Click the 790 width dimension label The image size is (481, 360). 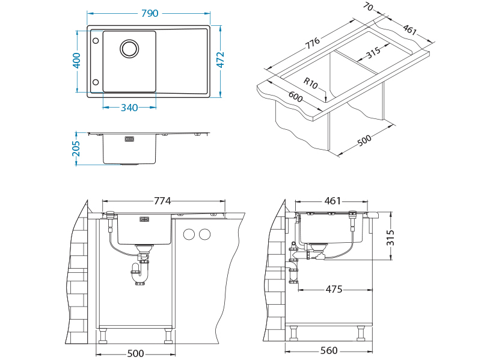coord(150,13)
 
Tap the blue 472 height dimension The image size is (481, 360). coord(220,59)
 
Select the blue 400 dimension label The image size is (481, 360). coord(76,61)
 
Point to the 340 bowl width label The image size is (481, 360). coord(129,108)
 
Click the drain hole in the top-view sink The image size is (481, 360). coord(129,49)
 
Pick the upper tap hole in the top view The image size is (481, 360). coord(96,41)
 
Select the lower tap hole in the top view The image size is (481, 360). coord(96,82)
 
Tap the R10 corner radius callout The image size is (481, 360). coord(310,83)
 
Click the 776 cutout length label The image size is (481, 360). coord(313,43)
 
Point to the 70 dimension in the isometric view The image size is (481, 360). coord(368,7)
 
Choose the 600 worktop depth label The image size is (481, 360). coord(295,97)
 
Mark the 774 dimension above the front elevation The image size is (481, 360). coord(162,201)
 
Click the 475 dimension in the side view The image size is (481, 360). coord(334,289)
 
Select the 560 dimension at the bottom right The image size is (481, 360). coord(329,350)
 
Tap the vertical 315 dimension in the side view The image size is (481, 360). coord(390,237)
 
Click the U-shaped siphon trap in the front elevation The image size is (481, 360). coord(140,273)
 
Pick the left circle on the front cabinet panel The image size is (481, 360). coord(189,234)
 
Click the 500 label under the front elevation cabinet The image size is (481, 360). coord(136,353)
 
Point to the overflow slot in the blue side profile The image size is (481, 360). coord(129,139)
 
